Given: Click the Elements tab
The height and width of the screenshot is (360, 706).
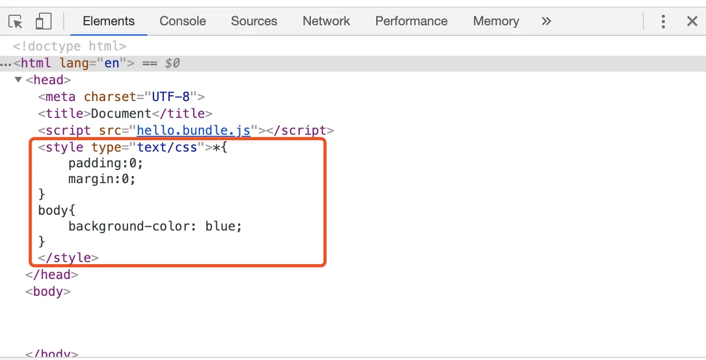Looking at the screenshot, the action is tap(108, 21).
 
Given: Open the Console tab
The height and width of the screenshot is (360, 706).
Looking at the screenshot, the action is tap(183, 21).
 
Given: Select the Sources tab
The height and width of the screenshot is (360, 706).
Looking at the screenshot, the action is tap(254, 21).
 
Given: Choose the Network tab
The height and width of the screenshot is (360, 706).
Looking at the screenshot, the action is tap(326, 21).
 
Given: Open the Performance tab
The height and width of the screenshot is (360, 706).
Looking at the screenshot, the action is tap(411, 21).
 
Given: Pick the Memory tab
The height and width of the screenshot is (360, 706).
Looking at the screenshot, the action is tap(496, 21).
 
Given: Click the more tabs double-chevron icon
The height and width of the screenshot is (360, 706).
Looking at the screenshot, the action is tap(547, 21).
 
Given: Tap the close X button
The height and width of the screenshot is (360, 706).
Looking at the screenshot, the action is tap(692, 21).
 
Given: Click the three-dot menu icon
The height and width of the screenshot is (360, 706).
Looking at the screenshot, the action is tap(663, 21).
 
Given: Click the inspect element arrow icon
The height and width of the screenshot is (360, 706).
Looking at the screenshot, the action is tap(16, 22).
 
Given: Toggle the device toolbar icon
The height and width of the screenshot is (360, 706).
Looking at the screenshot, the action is tap(43, 22).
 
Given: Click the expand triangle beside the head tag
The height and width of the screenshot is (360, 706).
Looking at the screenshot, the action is tap(18, 80).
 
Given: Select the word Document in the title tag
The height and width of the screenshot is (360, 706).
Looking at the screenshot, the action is tap(121, 114).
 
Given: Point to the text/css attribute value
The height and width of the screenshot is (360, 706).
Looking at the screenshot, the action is tap(167, 147).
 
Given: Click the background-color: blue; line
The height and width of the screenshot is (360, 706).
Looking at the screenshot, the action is tap(155, 226).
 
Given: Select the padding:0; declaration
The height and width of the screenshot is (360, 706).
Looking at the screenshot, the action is tap(106, 163).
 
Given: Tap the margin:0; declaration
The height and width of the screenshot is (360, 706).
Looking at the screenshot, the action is tap(102, 179).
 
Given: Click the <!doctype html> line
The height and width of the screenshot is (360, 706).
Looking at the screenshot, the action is tap(69, 46).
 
